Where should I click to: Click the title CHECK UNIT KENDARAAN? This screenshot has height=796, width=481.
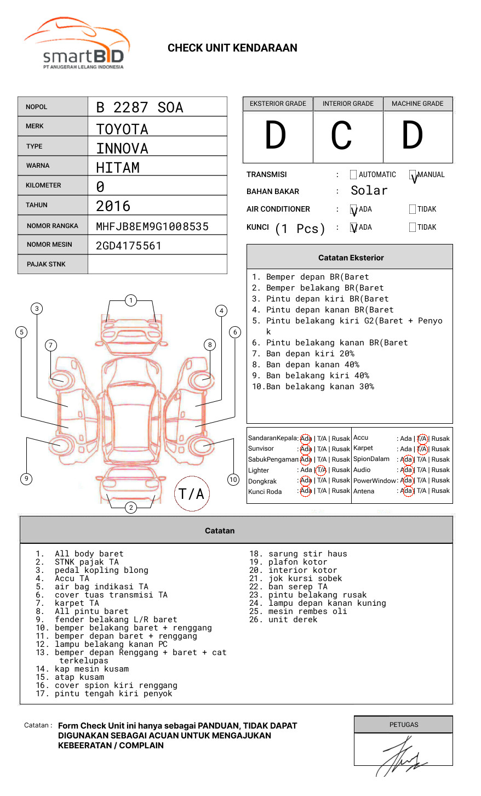232,48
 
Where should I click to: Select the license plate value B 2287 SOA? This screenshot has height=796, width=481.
140,107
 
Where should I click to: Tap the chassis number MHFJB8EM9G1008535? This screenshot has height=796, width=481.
152,226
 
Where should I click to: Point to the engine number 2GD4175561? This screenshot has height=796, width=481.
129,246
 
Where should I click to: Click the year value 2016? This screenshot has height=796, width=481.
113,206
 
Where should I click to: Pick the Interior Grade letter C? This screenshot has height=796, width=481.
341,136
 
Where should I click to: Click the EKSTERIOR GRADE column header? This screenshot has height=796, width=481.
278,104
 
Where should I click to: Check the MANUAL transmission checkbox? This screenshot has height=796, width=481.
413,175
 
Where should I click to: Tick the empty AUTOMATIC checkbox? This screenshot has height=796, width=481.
353,175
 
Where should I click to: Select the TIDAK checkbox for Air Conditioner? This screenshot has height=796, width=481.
413,209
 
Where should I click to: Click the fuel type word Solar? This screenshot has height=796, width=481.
369,191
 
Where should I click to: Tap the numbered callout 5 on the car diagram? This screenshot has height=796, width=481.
21,332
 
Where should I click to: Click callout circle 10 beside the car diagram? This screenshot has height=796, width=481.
233,480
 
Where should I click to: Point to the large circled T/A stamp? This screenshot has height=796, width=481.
191,494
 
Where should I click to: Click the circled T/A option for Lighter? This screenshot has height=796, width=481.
322,470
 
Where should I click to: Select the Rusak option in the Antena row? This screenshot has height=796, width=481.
440,491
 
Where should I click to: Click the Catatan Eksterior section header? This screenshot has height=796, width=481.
351,258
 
